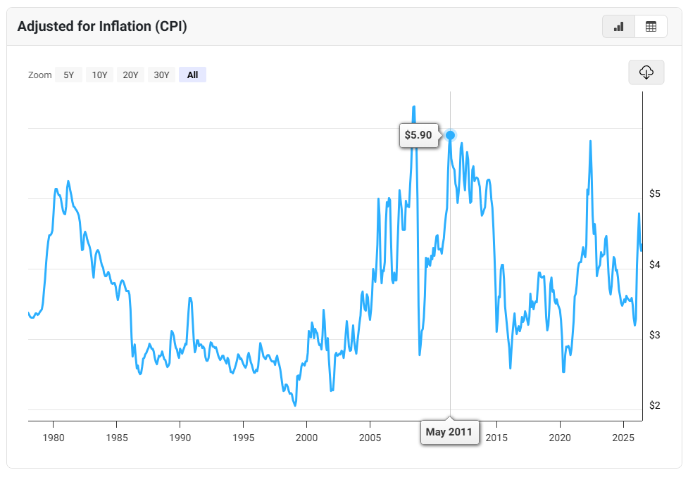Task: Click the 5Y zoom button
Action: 68,75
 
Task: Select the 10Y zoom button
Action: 99,75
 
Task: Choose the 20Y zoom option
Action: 130,75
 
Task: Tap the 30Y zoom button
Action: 161,75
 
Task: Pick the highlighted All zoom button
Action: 193,75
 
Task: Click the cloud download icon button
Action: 646,72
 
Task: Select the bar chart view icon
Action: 619,27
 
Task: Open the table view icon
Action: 651,27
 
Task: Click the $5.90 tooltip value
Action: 418,135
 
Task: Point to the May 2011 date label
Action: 449,432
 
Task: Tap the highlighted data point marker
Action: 450,135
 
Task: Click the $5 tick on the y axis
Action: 655,193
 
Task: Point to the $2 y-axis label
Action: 655,405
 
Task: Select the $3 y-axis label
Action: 655,335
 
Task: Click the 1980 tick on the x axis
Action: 54,438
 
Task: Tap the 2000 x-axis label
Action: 307,438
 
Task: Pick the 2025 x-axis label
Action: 623,438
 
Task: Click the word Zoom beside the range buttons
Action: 40,75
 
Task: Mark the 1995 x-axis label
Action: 244,438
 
